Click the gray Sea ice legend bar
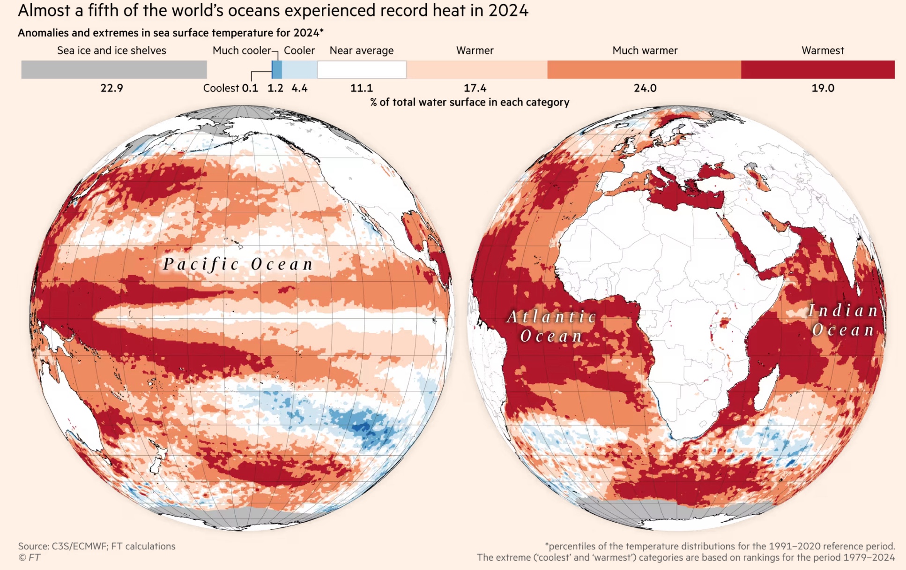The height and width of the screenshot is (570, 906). pyautogui.click(x=114, y=69)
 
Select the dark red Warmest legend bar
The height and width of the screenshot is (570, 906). pyautogui.click(x=817, y=69)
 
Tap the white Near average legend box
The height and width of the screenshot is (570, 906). pyautogui.click(x=362, y=69)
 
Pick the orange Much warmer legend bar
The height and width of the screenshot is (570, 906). pyautogui.click(x=644, y=69)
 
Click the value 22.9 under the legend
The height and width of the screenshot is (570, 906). pyautogui.click(x=111, y=88)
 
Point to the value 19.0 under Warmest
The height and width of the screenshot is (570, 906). pyautogui.click(x=823, y=88)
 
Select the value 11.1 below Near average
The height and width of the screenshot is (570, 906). pyautogui.click(x=362, y=88)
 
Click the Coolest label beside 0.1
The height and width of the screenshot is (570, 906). pyautogui.click(x=221, y=88)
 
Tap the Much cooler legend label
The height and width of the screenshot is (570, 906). pyautogui.click(x=242, y=51)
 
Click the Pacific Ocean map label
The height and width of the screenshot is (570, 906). pyautogui.click(x=238, y=264)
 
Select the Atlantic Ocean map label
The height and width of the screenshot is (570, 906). pyautogui.click(x=552, y=326)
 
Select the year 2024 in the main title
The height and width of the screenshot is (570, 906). pyautogui.click(x=508, y=10)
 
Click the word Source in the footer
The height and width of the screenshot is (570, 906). pyautogui.click(x=33, y=546)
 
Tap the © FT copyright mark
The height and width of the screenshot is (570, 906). pyautogui.click(x=29, y=557)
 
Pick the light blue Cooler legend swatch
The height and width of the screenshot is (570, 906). pyautogui.click(x=300, y=69)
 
